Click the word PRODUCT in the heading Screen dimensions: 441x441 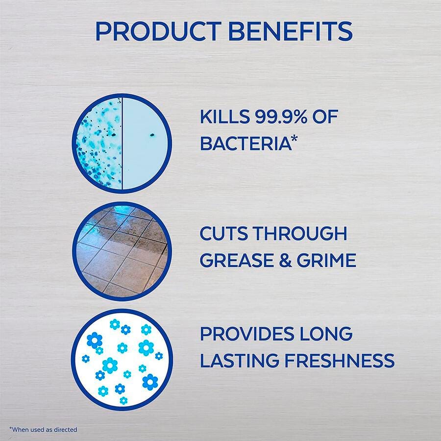[159, 31]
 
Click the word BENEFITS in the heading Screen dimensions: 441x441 [290, 31]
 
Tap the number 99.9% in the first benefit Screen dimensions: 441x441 [281, 117]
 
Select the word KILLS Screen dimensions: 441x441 [225, 117]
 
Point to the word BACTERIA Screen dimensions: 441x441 [245, 143]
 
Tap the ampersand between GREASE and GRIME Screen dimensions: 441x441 [285, 260]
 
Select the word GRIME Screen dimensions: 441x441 [326, 260]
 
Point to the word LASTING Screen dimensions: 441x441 [240, 360]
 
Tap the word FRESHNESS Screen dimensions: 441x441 [340, 360]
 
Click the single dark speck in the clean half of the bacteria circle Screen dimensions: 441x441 [152, 135]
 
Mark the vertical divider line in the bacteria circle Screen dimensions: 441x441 [122, 144]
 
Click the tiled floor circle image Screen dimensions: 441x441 [122, 251]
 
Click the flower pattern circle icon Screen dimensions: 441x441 [122, 360]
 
